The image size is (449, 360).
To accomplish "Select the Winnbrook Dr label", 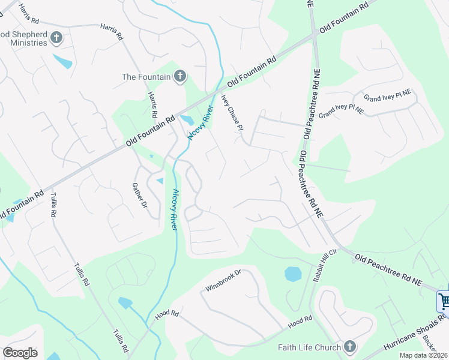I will pyautogui.click(x=223, y=281).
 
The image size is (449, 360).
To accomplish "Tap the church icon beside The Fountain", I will pyautogui.click(x=179, y=76).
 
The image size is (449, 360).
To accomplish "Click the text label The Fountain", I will pyautogui.click(x=145, y=77).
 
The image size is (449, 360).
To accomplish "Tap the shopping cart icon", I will pyautogui.click(x=444, y=300).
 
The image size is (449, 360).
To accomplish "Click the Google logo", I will pyautogui.click(x=20, y=353).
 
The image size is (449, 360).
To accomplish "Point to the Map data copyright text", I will pyautogui.click(x=424, y=355).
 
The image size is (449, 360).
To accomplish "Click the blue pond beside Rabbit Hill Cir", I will pyautogui.click(x=292, y=274).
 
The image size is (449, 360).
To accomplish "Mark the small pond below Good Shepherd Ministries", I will pyautogui.click(x=62, y=61).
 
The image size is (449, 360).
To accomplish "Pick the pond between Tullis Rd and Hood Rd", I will pyautogui.click(x=125, y=302).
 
